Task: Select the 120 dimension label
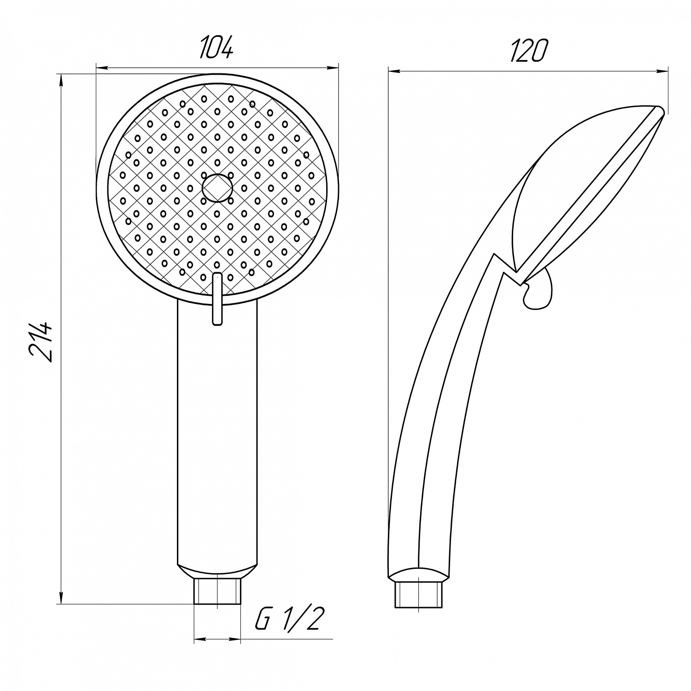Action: click(x=528, y=50)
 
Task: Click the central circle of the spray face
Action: click(x=217, y=188)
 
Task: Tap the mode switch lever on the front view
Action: click(x=217, y=299)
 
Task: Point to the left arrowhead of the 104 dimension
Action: click(x=101, y=69)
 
